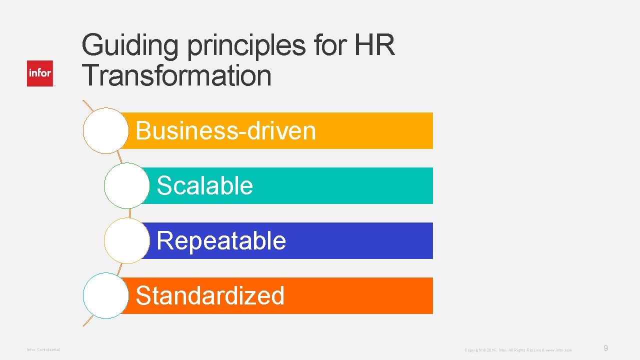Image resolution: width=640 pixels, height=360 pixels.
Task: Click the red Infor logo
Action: click(40, 73)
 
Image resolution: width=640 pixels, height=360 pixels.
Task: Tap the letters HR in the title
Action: click(374, 46)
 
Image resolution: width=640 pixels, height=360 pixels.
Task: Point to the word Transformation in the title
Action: click(177, 76)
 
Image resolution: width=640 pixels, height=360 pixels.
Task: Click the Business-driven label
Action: click(225, 131)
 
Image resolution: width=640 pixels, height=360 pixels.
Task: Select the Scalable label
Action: click(204, 186)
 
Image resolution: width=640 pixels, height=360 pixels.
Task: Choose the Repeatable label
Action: click(221, 241)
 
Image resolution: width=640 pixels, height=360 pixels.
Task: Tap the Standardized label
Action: click(210, 295)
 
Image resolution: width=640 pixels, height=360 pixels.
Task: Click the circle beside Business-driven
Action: click(106, 130)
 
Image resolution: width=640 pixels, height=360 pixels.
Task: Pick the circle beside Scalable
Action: click(127, 185)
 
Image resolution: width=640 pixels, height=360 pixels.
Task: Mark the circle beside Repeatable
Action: click(127, 240)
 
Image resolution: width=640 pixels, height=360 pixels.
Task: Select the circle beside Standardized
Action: click(106, 295)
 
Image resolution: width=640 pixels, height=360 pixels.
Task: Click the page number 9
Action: click(605, 348)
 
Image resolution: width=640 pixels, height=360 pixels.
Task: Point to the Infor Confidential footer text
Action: click(43, 349)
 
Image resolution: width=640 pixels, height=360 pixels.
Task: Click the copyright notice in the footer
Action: click(518, 350)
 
